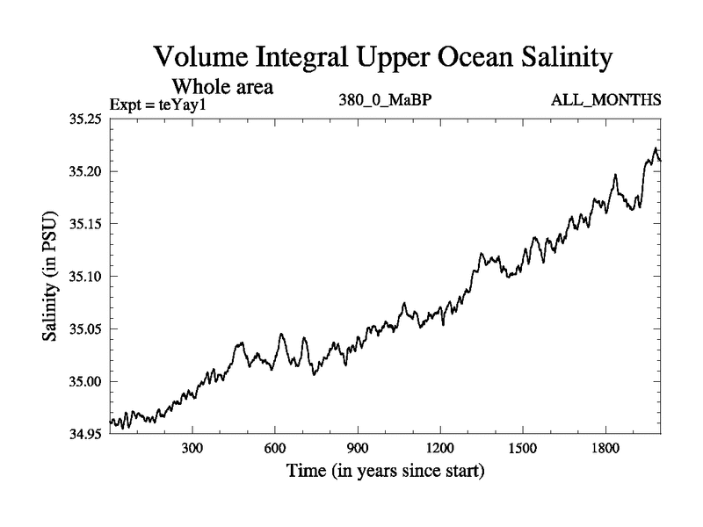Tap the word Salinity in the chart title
[x=555, y=58]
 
